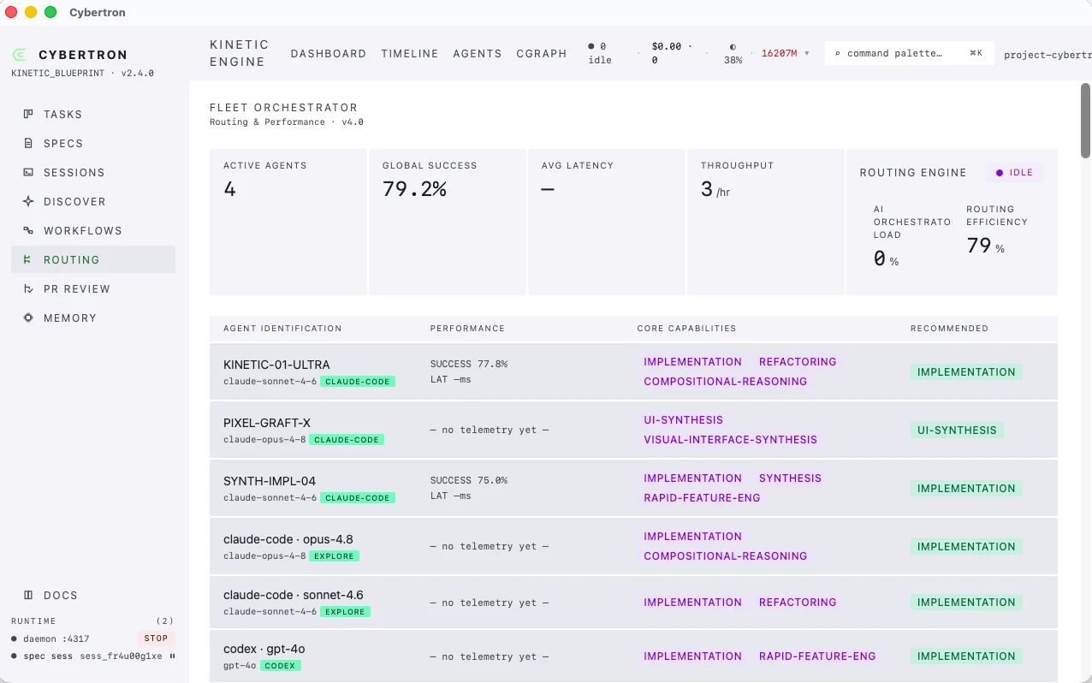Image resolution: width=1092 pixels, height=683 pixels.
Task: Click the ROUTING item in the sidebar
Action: coord(71,260)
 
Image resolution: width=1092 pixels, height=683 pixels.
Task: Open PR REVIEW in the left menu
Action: coord(76,289)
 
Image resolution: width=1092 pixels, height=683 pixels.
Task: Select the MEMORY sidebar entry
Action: coord(69,318)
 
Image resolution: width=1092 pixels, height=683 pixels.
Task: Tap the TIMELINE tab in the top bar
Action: coord(409,54)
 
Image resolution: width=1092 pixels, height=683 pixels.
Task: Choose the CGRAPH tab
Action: coord(541,54)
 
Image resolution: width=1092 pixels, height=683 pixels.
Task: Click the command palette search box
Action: coord(909,53)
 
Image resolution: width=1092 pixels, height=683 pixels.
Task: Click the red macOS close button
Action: coord(11,12)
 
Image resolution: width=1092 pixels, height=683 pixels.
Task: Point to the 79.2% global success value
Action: coord(414,189)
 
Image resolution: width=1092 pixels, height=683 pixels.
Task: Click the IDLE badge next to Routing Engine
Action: coord(1015,173)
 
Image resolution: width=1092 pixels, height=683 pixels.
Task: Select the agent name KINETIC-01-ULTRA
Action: coord(276,365)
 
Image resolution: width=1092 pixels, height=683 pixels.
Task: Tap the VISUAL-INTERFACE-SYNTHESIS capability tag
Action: coord(730,440)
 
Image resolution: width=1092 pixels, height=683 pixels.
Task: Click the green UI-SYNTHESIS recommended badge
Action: coord(957,430)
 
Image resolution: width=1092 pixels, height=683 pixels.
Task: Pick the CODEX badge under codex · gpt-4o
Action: coord(281,665)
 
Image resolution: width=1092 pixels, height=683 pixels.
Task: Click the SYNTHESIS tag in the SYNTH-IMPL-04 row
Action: coord(790,478)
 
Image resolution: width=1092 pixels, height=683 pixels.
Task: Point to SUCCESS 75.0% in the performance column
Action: coord(468,480)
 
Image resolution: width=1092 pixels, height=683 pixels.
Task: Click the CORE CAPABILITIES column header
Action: coord(686,329)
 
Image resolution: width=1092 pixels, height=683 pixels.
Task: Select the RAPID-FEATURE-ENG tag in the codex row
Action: coord(817,656)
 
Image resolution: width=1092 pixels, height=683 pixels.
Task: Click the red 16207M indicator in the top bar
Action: coord(779,53)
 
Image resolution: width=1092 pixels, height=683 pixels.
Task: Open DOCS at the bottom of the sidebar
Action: coord(61,595)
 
